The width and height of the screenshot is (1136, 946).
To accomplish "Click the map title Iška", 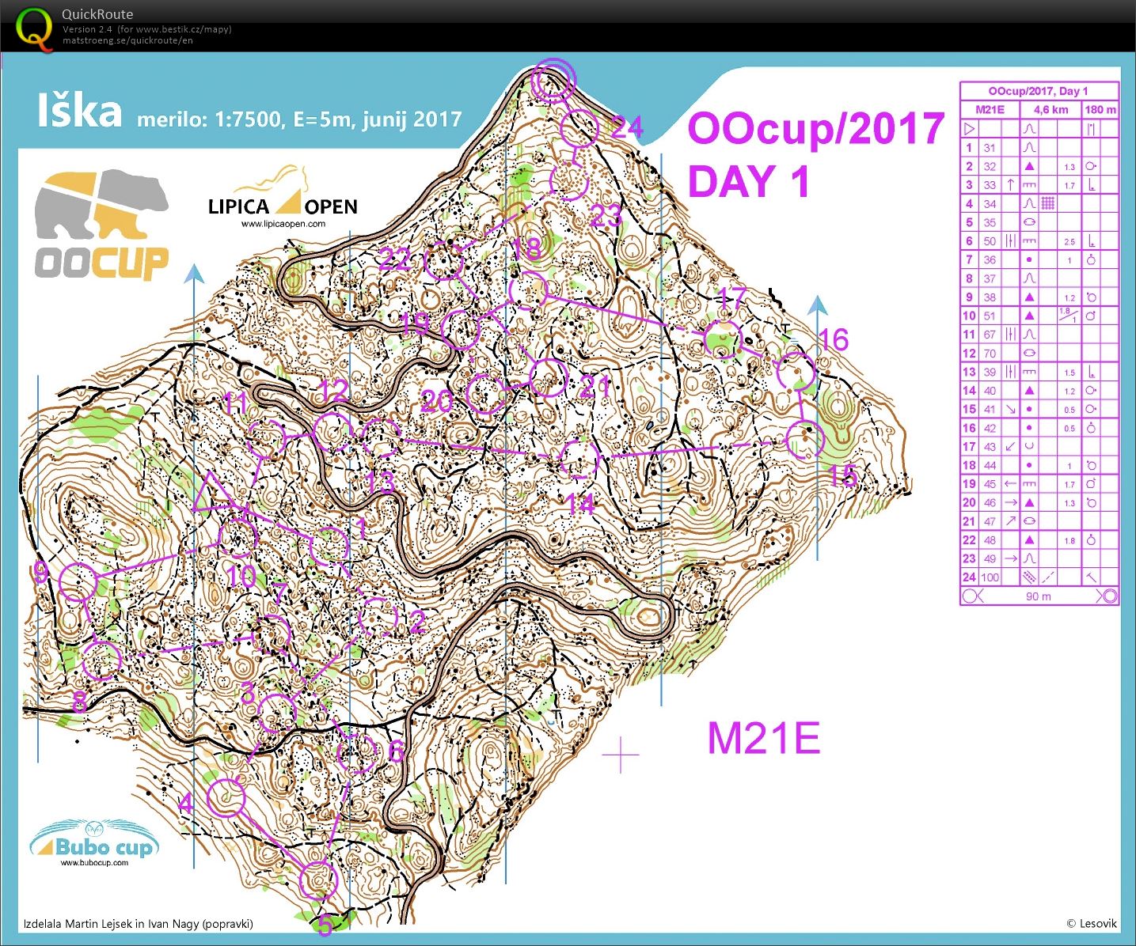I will tap(79, 112).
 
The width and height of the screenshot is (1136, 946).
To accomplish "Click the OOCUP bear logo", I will tap(101, 225).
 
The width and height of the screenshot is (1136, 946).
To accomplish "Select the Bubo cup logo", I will tap(95, 844).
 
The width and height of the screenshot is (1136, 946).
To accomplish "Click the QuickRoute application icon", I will tap(35, 28).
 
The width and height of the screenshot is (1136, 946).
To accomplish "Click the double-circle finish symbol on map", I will tap(553, 79).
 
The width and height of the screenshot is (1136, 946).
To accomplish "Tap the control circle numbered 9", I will tap(78, 582).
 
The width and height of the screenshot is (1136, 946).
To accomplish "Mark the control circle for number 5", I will tap(320, 880).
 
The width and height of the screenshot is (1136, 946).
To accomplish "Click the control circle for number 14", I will tap(579, 460).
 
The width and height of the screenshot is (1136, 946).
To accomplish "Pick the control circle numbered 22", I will tap(443, 261).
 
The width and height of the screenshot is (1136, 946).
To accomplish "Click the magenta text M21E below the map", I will tap(763, 738).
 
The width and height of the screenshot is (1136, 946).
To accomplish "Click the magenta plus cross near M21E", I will tap(621, 756).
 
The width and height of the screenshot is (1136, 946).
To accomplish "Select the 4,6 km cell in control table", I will tap(1050, 110).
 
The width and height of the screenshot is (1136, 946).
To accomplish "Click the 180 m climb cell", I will tap(1100, 110).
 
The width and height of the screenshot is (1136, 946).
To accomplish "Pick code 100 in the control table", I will tap(990, 577).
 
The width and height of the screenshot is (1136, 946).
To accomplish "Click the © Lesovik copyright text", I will tap(1091, 923).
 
